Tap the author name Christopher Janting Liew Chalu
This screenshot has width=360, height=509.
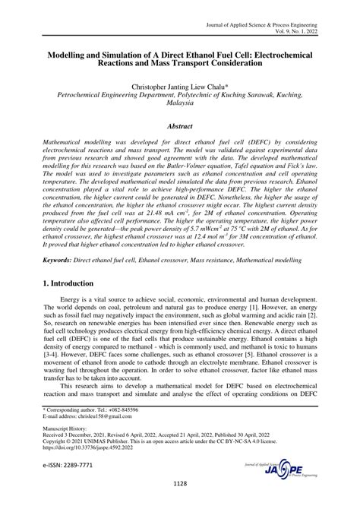(181, 87)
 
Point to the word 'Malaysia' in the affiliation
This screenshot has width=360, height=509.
(181, 108)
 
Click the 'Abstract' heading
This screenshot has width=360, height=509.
(181, 130)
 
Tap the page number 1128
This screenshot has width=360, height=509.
(180, 503)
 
